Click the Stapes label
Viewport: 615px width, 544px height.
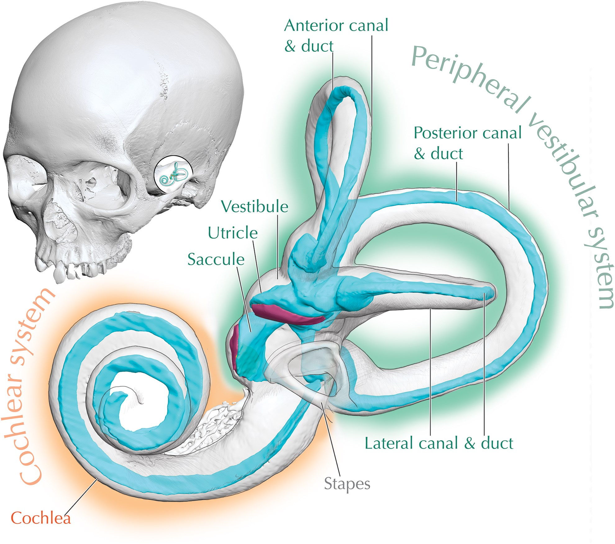point(347,484)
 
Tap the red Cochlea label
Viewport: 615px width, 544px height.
point(41,518)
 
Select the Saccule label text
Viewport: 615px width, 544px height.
point(216,259)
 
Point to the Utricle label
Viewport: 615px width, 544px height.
point(233,233)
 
